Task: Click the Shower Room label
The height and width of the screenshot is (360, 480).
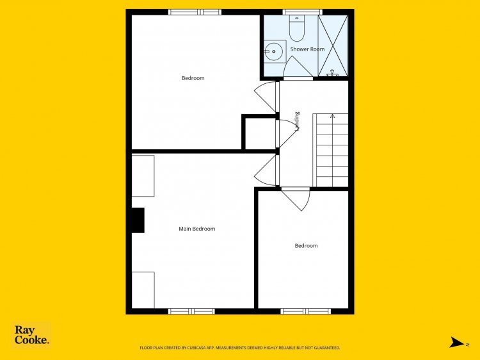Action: coord(307,49)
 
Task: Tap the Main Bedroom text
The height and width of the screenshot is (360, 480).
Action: coord(197,229)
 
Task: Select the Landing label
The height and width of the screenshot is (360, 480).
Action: coord(296,122)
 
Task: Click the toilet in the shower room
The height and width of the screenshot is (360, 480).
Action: coord(296,28)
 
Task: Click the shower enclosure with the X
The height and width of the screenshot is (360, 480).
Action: coord(333,45)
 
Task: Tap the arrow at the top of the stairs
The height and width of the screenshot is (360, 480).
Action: coord(332,116)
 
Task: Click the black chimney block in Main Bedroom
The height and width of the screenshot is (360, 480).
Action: coord(138,220)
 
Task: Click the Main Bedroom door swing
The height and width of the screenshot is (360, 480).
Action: coord(266,170)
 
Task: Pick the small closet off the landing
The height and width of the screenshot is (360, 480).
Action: coord(260,134)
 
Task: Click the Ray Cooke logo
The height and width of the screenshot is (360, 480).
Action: coord(31,335)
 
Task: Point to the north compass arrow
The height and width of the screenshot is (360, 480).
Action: coord(456,342)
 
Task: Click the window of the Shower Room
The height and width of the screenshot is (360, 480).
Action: coord(302,12)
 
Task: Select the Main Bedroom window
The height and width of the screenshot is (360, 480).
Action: coord(191,311)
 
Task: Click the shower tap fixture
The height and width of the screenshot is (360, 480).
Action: coord(332,73)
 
